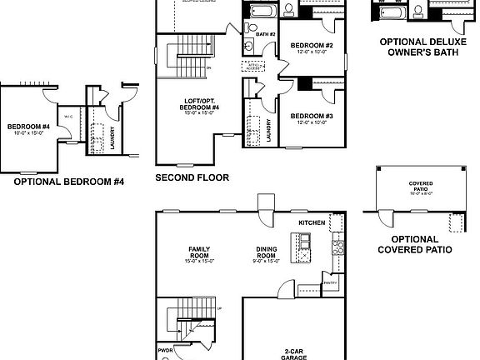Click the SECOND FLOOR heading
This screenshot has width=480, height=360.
pos(192,177)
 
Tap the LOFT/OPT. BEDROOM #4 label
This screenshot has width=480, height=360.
pos(201,105)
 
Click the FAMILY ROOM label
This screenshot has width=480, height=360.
pos(199,251)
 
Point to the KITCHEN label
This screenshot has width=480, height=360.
pos(312,223)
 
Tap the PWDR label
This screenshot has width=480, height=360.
pos(165,351)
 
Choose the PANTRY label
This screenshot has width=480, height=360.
pos(329,283)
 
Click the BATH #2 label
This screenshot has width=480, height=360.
pos(265,34)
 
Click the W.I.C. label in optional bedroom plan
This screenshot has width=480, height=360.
pos(69,117)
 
